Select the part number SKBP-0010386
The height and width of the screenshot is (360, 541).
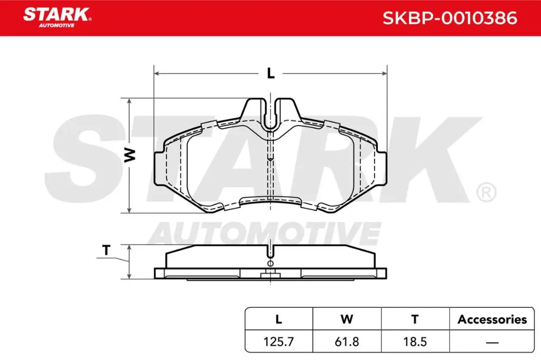[x=449, y=18]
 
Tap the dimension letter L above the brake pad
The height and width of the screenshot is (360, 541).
[x=270, y=74]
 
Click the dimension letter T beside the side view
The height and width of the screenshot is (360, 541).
[x=106, y=251]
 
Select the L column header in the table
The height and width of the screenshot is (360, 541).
[x=278, y=319]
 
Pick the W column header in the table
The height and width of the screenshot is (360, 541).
[x=347, y=319]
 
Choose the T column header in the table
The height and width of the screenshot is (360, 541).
[x=415, y=319]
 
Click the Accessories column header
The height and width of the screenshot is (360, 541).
[x=492, y=319]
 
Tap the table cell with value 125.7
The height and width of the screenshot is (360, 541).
[x=278, y=342]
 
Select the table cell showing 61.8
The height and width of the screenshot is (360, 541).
[x=347, y=342]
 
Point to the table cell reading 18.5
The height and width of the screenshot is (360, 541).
[x=415, y=342]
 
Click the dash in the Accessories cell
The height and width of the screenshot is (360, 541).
[x=492, y=342]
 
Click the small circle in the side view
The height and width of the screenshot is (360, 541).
[x=270, y=263]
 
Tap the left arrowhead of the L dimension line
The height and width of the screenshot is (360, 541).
[x=157, y=74]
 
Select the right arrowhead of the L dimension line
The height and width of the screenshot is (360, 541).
[x=384, y=74]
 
